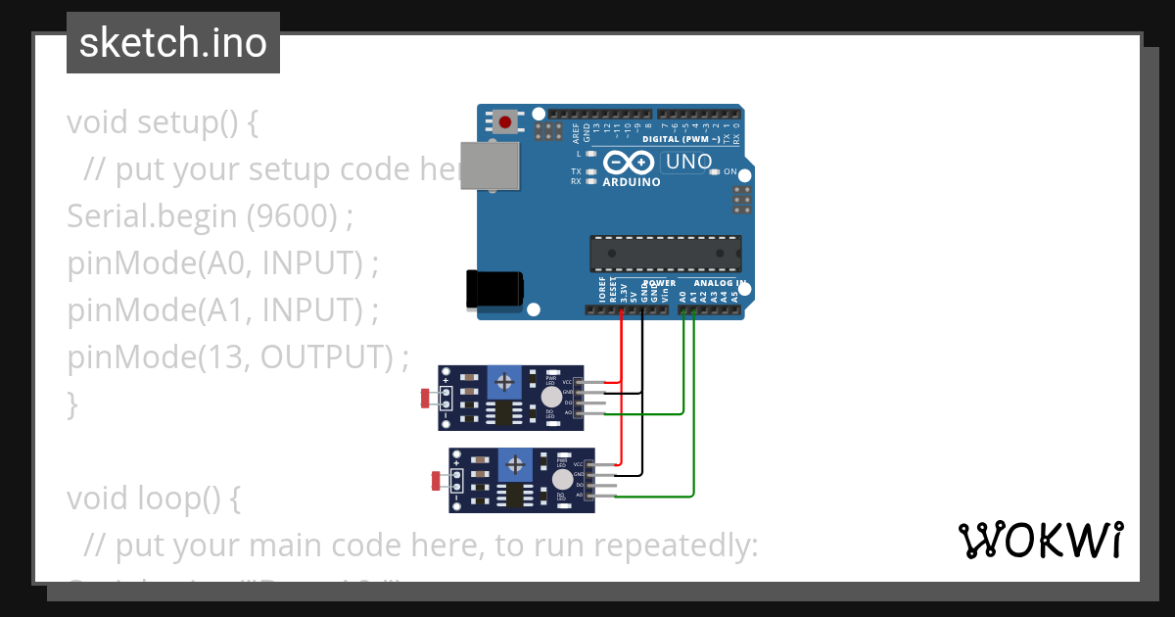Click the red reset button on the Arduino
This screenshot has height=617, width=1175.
click(x=505, y=122)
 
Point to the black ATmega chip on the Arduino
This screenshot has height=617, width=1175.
click(x=665, y=253)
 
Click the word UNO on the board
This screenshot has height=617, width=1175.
click(x=689, y=162)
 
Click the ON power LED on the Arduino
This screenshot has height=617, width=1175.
click(x=716, y=171)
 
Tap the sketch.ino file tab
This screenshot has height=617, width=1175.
click(x=173, y=43)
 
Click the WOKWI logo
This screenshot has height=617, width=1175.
click(x=1040, y=541)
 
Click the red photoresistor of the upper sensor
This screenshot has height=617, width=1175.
click(x=426, y=398)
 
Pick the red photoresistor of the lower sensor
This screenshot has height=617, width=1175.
click(x=438, y=480)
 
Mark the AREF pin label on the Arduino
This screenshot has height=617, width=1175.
click(x=576, y=133)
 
